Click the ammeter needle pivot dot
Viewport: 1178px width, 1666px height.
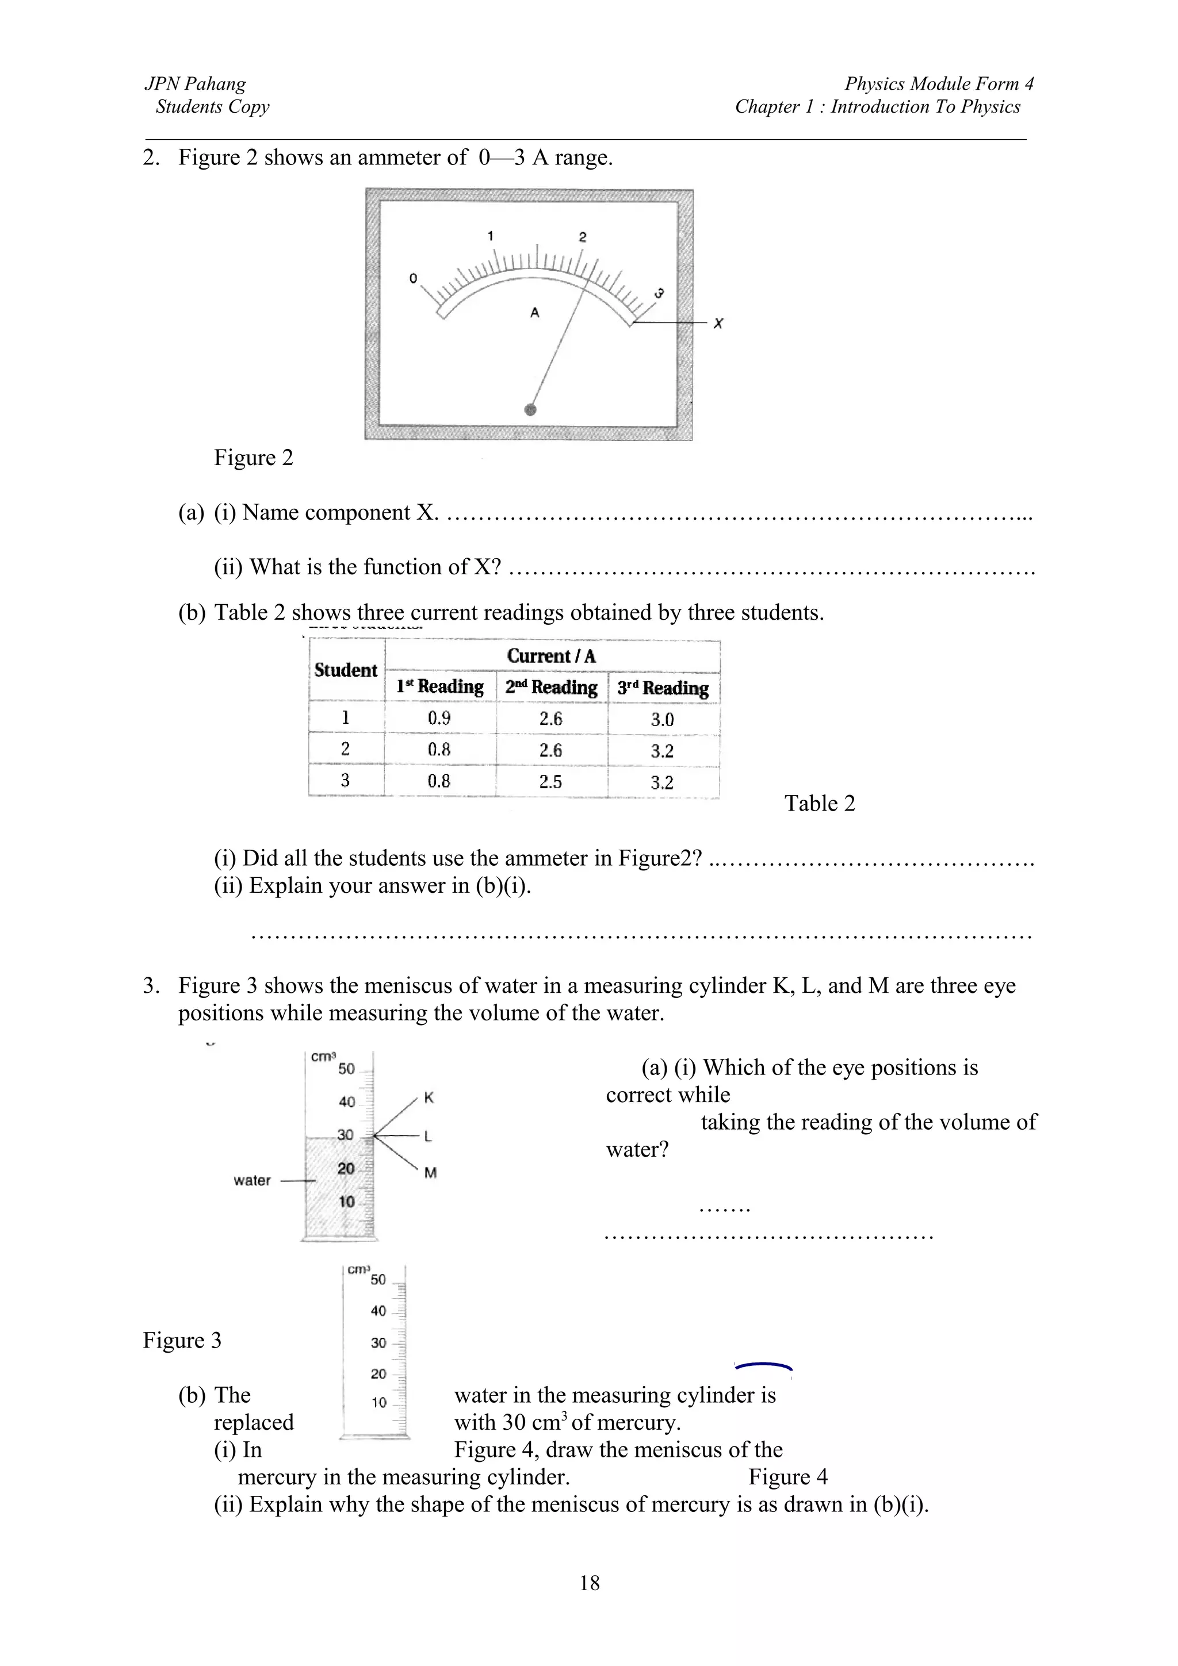coord(530,410)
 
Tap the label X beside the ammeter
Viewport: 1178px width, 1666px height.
coord(718,324)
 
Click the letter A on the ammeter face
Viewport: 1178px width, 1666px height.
coord(535,313)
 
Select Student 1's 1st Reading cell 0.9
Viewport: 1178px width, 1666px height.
coord(439,719)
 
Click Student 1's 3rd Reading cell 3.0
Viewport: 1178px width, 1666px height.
coord(662,720)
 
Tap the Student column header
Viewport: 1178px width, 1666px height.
coord(346,670)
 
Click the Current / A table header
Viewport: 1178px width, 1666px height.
coord(551,656)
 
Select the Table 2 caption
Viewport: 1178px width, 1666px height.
coord(820,803)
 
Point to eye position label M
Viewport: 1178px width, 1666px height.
coord(430,1173)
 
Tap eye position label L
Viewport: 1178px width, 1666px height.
coord(427,1137)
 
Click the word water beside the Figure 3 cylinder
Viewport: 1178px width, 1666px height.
coord(252,1181)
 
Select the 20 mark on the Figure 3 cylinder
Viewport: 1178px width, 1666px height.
coord(346,1168)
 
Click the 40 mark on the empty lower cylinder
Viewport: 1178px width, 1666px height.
coord(378,1311)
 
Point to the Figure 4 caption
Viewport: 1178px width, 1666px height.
coord(787,1477)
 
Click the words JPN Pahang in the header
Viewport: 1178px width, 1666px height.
coord(195,84)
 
